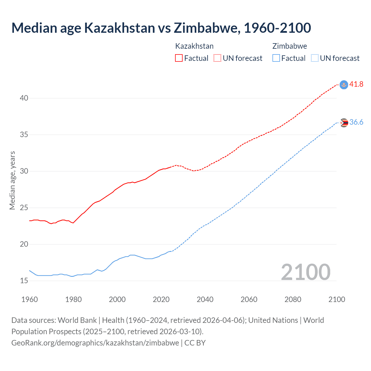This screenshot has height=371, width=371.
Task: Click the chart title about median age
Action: (161, 28)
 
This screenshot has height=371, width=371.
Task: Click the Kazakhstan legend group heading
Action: (194, 46)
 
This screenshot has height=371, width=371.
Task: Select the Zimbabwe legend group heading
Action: (290, 46)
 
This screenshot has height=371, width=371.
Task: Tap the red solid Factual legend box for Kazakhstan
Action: (179, 58)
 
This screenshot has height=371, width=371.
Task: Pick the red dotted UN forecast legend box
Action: (217, 58)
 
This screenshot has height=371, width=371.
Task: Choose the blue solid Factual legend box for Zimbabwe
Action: (276, 58)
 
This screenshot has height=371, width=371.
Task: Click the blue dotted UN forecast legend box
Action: (314, 58)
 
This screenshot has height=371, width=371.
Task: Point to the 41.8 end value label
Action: (356, 84)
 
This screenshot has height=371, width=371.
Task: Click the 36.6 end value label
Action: (356, 122)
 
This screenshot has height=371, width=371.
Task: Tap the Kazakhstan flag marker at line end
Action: (344, 85)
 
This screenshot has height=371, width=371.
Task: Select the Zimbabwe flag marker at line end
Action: (344, 123)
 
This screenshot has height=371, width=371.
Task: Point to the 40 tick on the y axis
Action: (24, 98)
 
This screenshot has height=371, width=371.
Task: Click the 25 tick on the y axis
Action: (24, 208)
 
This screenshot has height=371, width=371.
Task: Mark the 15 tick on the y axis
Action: (24, 281)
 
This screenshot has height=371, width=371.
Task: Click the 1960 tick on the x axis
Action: (30, 299)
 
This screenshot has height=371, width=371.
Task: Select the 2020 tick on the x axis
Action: (161, 299)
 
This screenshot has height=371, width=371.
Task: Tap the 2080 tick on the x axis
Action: (293, 299)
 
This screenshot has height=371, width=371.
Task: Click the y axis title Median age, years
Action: (12, 180)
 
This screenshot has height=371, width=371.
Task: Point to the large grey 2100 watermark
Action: (305, 272)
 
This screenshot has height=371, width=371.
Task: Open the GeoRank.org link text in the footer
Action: (95, 343)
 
